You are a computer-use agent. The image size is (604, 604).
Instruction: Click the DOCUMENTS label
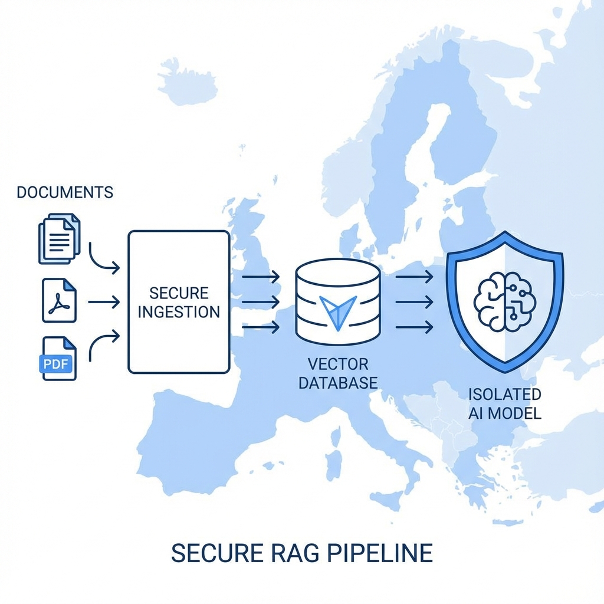coord(65,192)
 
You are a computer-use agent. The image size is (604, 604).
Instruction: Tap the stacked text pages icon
coord(59,238)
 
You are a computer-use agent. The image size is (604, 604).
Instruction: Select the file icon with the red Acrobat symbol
coord(59,301)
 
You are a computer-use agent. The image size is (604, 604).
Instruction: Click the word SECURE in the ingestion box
coord(179,293)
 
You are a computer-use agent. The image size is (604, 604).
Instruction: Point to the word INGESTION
coord(179,311)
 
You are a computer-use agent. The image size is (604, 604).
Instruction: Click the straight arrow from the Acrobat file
coord(103,302)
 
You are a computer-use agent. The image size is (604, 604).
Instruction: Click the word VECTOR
coord(337,363)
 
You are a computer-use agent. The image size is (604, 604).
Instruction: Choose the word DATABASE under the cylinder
coord(337,382)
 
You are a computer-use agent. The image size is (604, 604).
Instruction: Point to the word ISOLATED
coord(504,394)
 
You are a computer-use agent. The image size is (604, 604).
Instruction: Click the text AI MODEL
coord(504,413)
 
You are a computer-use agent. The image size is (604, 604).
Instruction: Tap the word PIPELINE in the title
coord(378,553)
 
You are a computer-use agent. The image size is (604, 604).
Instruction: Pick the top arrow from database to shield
coord(413,276)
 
